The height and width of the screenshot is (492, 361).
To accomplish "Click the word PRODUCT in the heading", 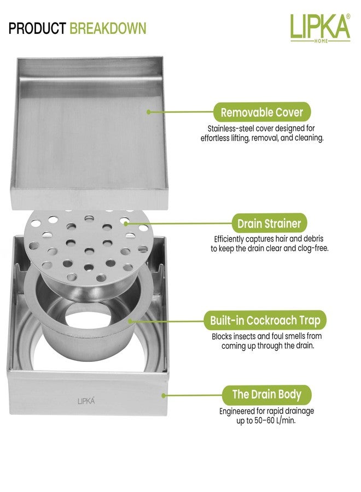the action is (37, 28).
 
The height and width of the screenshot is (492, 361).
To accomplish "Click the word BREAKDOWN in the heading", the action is (108, 28).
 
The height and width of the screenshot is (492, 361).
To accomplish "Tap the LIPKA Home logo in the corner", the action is (320, 28).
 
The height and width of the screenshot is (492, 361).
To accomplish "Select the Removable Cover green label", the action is (262, 112).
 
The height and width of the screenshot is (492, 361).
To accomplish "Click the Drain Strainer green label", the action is (269, 224).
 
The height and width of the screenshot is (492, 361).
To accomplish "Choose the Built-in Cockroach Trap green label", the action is (265, 320).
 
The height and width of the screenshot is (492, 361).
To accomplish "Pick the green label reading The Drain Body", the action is (267, 394).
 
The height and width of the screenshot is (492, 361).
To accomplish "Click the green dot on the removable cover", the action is (149, 112).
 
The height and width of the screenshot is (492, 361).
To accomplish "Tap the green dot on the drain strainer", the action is (126, 224).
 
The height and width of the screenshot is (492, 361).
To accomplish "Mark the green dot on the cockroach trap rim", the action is (130, 321).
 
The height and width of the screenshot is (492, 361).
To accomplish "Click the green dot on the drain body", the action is (163, 395).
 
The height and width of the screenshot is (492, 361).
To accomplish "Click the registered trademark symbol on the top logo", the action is (348, 16).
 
